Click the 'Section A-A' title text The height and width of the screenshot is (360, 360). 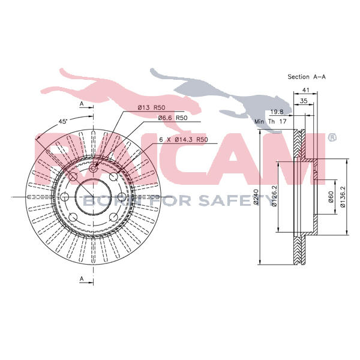(307, 77)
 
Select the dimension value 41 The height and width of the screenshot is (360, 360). (305, 90)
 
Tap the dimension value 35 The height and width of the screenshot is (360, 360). (304, 101)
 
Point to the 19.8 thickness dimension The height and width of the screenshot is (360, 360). (277, 112)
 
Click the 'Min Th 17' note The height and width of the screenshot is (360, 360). (271, 121)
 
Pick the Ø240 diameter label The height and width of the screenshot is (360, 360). (256, 197)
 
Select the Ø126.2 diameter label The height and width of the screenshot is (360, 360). (274, 196)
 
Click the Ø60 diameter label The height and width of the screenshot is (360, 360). (331, 197)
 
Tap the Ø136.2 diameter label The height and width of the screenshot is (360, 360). (343, 197)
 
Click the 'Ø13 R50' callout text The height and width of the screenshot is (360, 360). (151, 107)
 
